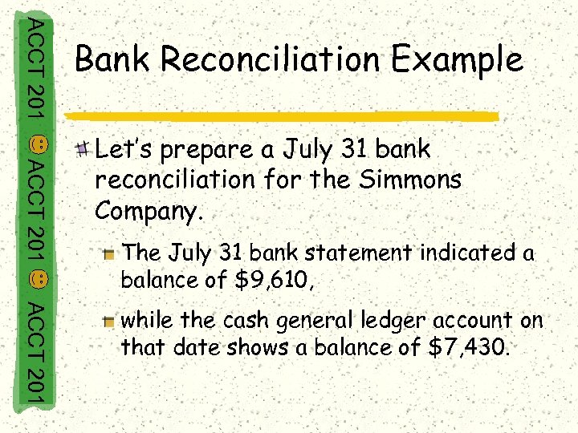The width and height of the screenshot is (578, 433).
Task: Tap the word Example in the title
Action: point(466,60)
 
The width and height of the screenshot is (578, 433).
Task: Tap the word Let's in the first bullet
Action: point(120,149)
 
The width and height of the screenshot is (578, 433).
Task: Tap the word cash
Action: point(246,320)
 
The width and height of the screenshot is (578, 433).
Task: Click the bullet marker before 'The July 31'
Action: point(110,254)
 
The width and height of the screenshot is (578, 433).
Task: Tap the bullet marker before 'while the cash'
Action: point(110,322)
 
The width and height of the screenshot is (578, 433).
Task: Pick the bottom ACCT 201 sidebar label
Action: point(36,354)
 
